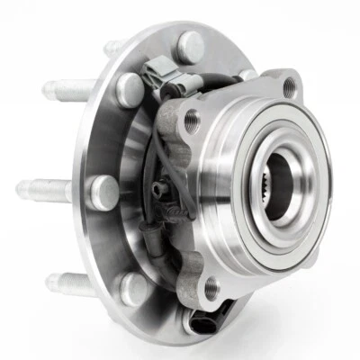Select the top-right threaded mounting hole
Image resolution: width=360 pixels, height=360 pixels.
coord(287,86)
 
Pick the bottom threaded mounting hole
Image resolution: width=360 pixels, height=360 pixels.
coord(211,288)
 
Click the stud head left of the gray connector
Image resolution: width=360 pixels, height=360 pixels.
coord(130,87)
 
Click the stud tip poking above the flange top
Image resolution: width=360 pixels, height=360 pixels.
coord(113,46)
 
